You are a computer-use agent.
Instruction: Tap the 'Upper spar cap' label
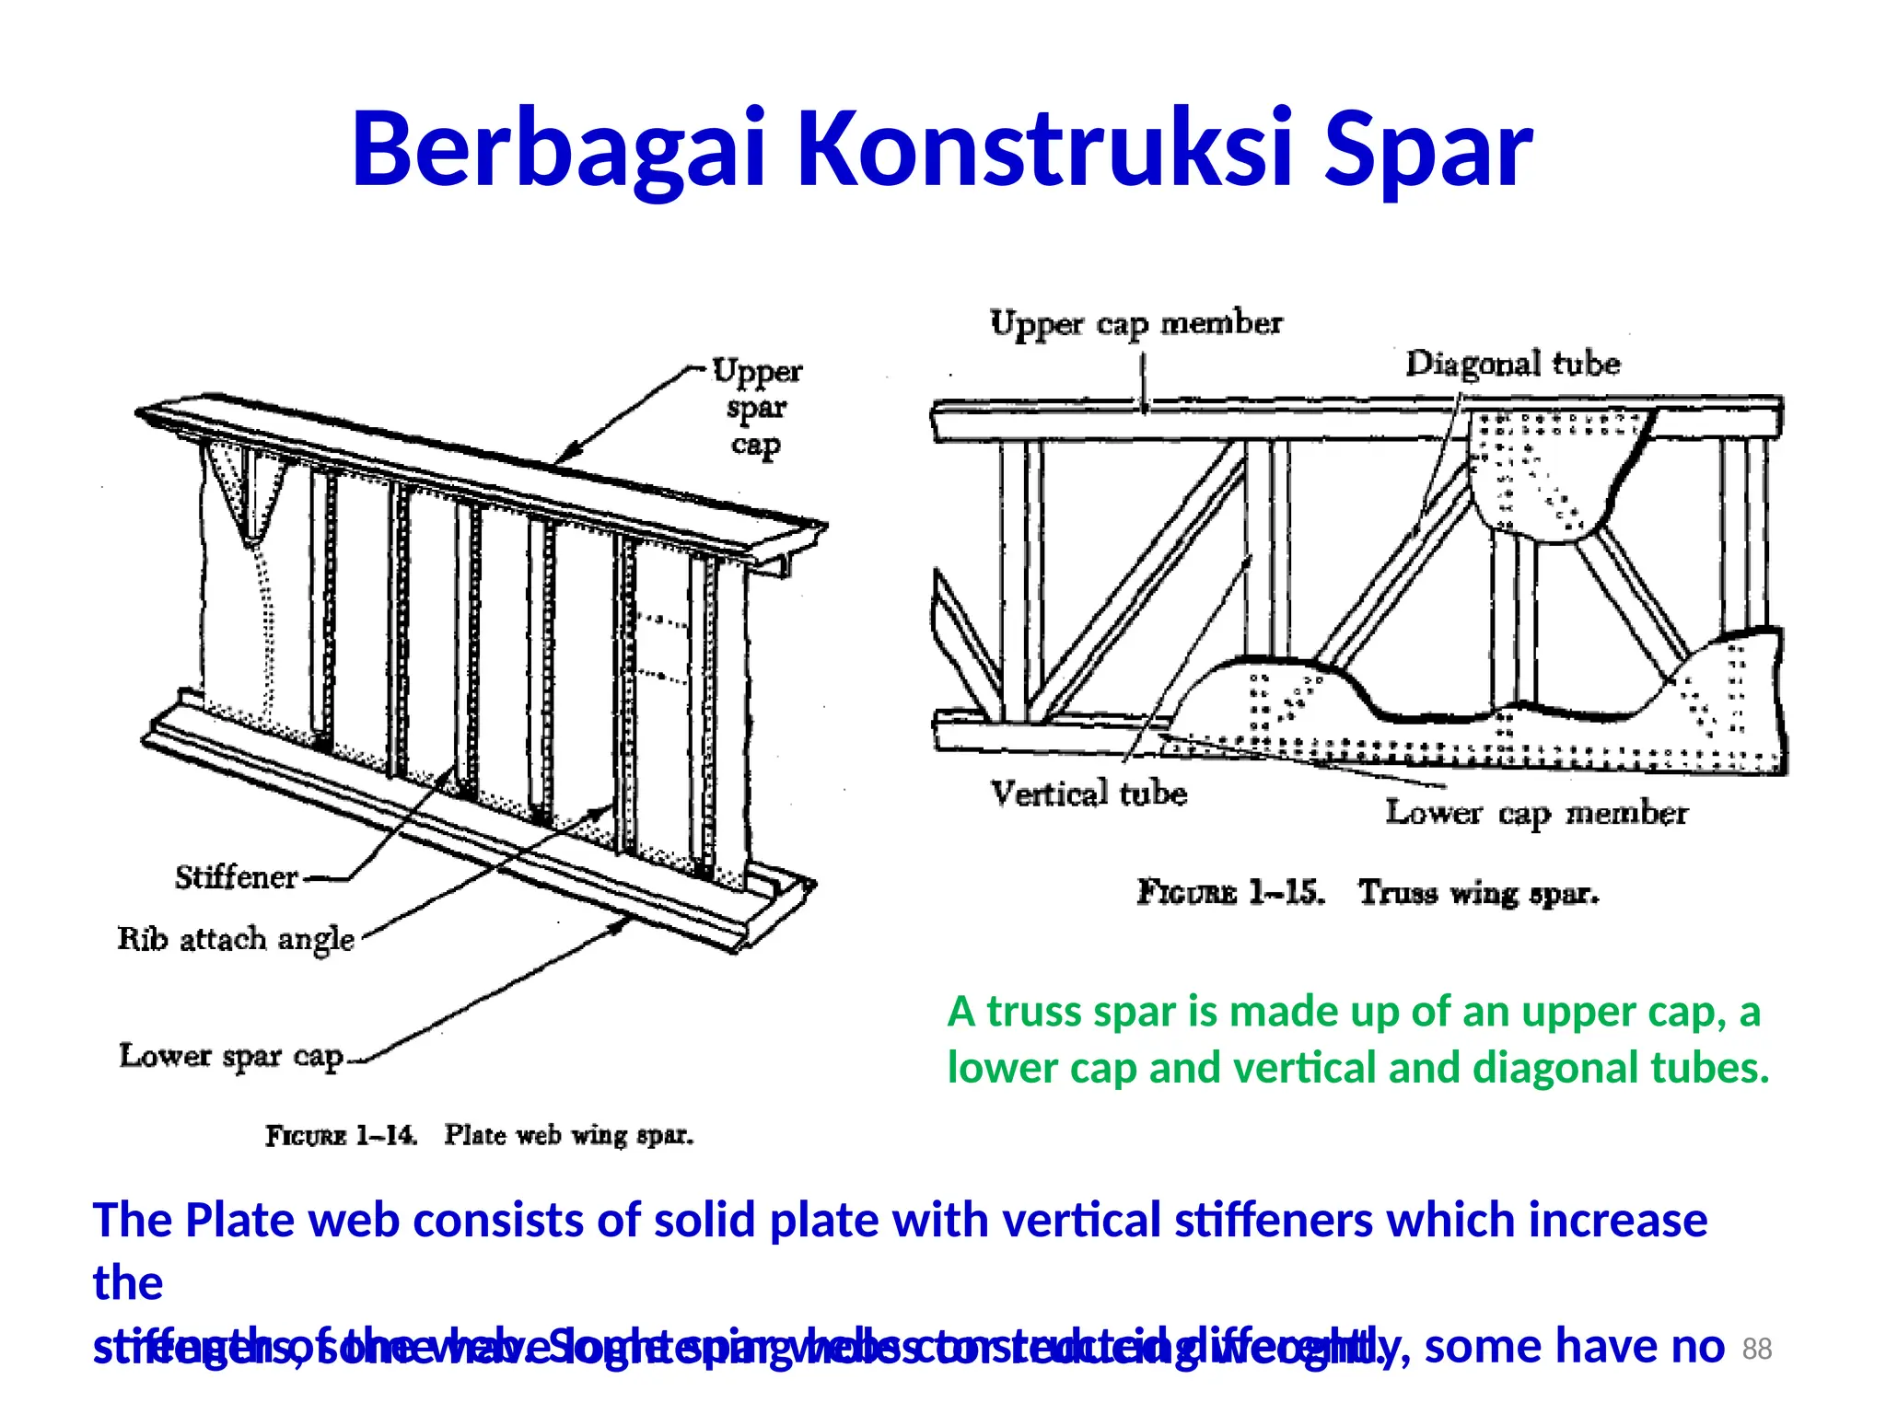(x=757, y=406)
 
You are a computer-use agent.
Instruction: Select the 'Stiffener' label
(x=237, y=877)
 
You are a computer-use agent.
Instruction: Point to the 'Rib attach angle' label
(x=236, y=939)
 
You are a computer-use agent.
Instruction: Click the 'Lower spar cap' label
(x=231, y=1056)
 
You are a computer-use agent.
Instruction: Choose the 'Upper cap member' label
(x=1135, y=324)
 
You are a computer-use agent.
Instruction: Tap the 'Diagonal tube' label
(x=1512, y=364)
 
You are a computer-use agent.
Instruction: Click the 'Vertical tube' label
(x=1089, y=794)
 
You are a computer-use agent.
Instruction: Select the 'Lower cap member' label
(x=1536, y=813)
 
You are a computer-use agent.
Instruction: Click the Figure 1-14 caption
(x=479, y=1135)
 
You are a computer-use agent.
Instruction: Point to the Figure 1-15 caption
(x=1368, y=892)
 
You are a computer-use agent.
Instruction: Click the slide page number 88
(x=1757, y=1349)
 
